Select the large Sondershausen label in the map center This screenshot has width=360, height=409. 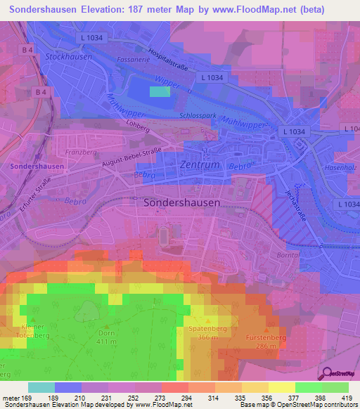[182, 201]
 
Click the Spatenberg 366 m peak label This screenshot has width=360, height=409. [207, 333]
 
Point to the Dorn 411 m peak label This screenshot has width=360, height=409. [106, 337]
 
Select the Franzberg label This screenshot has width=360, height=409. [80, 151]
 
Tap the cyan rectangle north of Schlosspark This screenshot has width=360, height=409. [160, 91]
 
